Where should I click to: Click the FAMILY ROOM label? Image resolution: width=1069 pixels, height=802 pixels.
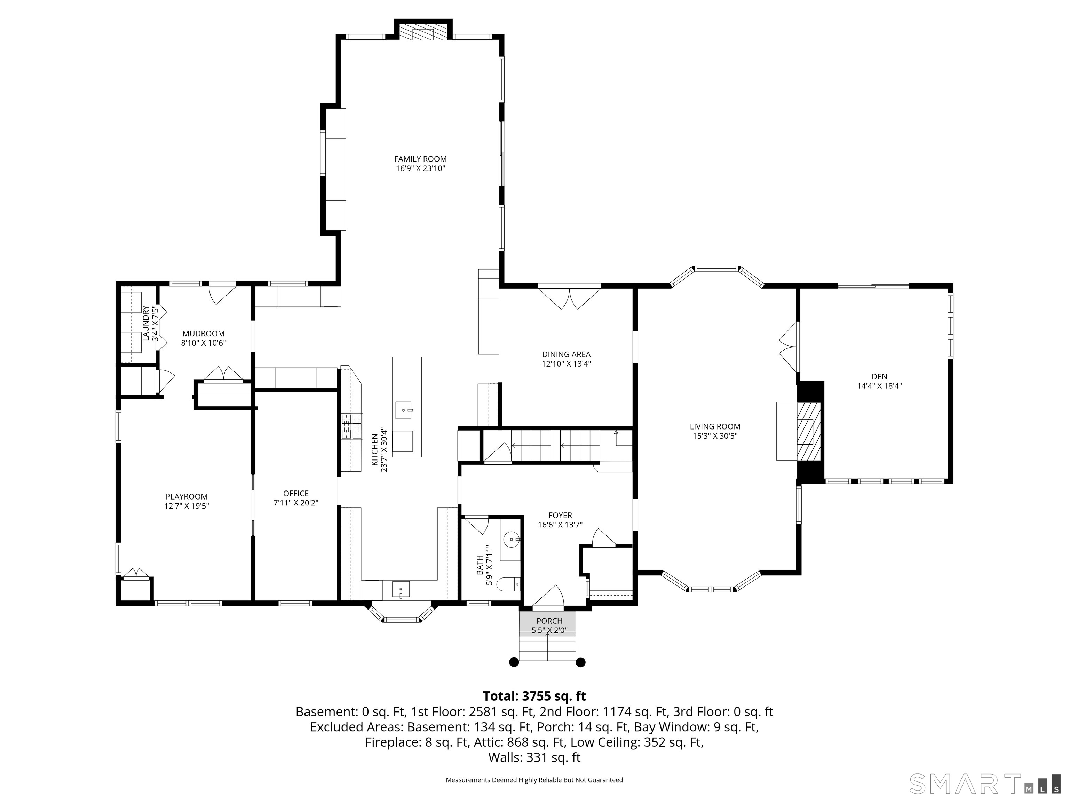point(420,159)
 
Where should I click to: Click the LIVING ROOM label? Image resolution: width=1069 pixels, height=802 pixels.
point(715,426)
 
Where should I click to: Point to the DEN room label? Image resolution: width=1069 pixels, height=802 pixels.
point(880,377)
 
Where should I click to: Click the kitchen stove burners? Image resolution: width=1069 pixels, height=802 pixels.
point(352,426)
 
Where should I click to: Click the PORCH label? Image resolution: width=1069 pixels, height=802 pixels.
point(549,621)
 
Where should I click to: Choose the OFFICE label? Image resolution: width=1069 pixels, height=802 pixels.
point(296,493)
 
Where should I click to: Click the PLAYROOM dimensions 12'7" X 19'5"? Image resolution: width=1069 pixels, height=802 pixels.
point(187,506)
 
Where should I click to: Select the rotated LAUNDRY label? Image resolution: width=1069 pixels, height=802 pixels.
point(145,323)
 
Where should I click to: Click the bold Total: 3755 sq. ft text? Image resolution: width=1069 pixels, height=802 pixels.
point(534,696)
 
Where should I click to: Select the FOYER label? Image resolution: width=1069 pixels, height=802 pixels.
point(560,515)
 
